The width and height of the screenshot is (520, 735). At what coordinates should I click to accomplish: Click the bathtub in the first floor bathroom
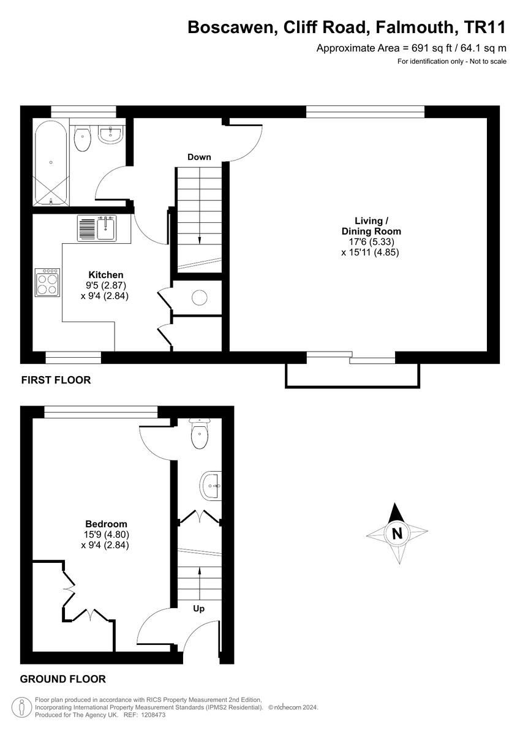pyautogui.click(x=51, y=162)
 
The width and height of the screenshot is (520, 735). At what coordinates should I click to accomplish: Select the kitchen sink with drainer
pyautogui.click(x=97, y=228)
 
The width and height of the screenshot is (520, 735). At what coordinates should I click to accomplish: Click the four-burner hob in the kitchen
pyautogui.click(x=47, y=283)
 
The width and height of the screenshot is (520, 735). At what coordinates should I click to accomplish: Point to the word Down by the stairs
pyautogui.click(x=199, y=157)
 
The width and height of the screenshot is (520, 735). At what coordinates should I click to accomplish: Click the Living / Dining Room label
pyautogui.click(x=371, y=226)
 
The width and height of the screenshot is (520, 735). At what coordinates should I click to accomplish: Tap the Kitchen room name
pyautogui.click(x=106, y=275)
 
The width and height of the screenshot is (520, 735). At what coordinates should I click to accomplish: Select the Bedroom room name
pyautogui.click(x=106, y=524)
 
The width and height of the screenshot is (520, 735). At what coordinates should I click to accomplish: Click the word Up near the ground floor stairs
pyautogui.click(x=199, y=609)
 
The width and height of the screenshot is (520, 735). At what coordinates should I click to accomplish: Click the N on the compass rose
pyautogui.click(x=398, y=533)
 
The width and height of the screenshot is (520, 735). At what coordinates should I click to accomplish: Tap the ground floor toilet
pyautogui.click(x=200, y=434)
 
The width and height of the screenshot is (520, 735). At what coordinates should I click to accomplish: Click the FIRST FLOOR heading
pyautogui.click(x=56, y=380)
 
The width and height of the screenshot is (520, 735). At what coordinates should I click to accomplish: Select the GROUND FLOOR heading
pyautogui.click(x=63, y=679)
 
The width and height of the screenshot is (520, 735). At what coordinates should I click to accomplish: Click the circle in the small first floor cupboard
pyautogui.click(x=200, y=298)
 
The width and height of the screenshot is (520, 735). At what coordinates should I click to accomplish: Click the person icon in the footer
pyautogui.click(x=22, y=707)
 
